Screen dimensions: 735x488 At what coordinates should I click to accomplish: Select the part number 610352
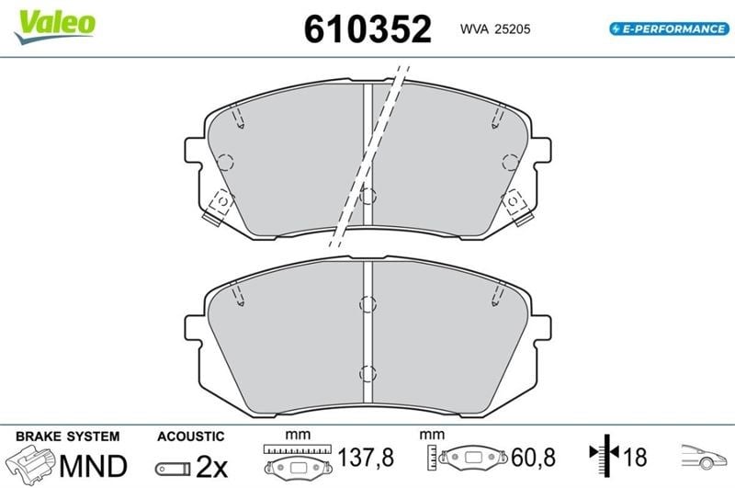click(x=367, y=29)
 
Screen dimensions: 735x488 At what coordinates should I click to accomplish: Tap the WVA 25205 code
click(x=495, y=29)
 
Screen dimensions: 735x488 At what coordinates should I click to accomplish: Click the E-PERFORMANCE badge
click(x=670, y=28)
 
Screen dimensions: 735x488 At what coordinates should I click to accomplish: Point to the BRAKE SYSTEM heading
click(x=67, y=437)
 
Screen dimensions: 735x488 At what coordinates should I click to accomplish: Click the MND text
click(x=94, y=466)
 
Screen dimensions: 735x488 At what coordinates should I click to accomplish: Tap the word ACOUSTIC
click(x=191, y=437)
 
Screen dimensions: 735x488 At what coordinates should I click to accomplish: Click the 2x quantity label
click(x=211, y=466)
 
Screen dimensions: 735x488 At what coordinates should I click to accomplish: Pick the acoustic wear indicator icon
click(x=173, y=469)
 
